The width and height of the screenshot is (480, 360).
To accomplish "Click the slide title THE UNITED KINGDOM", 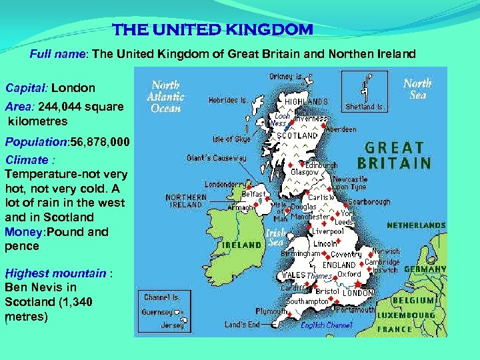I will (x=212, y=30).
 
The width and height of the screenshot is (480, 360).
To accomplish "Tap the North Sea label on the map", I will (x=417, y=89).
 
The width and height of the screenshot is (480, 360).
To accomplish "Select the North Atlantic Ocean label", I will (x=166, y=96).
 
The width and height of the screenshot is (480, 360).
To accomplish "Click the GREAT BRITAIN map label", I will (x=395, y=155).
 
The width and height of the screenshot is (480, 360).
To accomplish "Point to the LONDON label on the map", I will (x=358, y=293).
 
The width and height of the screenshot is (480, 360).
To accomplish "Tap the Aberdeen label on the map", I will (x=341, y=129).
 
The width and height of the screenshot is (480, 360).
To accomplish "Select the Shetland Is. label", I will (x=365, y=107).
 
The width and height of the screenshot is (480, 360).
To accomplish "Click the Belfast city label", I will (x=254, y=194).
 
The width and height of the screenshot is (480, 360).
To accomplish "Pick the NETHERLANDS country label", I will (x=416, y=225).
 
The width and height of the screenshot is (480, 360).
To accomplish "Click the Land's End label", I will (x=242, y=325).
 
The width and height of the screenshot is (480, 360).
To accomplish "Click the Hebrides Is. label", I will (x=228, y=100).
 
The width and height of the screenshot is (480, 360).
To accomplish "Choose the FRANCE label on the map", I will (x=395, y=329).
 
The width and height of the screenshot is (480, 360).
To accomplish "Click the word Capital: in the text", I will (x=27, y=87).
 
